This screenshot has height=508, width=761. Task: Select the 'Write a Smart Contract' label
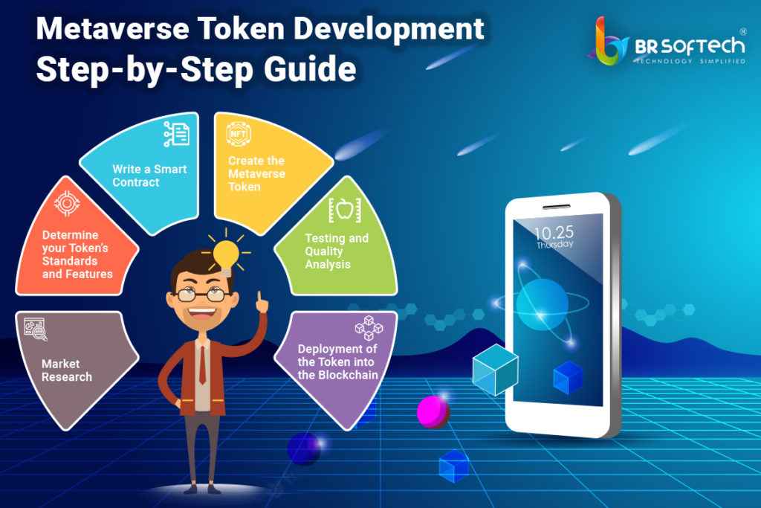coord(149,176)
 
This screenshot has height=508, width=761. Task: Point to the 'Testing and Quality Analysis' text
coord(337,251)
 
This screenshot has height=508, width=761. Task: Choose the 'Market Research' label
coord(67,370)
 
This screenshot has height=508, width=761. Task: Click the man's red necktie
coord(202,365)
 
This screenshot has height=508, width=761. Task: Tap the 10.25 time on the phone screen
coord(554,231)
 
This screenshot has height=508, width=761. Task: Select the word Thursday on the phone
coord(554,244)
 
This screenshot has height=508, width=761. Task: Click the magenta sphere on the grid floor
coord(432,411)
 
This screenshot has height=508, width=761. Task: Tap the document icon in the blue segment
coord(176,135)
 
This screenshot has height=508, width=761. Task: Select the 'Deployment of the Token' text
coord(338,361)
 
